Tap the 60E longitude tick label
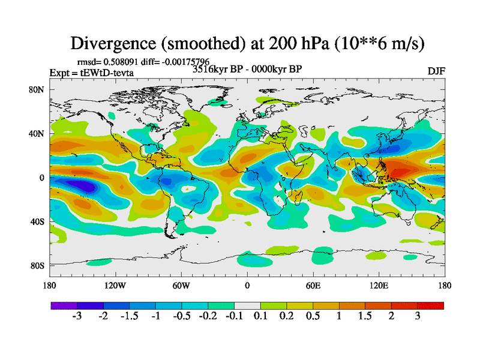coord(313,285)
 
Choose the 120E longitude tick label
coord(379,285)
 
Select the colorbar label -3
coord(76,317)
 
